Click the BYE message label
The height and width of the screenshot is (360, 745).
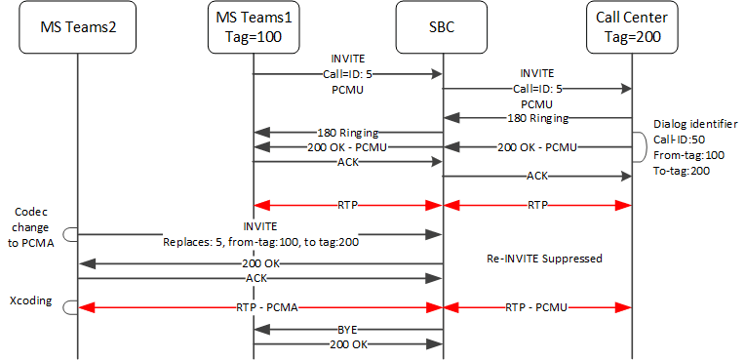coord(348,329)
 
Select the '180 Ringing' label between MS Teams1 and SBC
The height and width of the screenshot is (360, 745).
coord(348,132)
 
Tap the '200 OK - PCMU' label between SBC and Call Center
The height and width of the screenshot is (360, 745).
coord(537,147)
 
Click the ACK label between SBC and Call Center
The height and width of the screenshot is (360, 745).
coord(537,177)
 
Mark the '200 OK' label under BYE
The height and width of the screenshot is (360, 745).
coord(348,344)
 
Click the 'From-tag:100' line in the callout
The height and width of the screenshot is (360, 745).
coord(689,155)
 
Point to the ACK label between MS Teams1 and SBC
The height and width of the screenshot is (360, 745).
coord(348,163)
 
